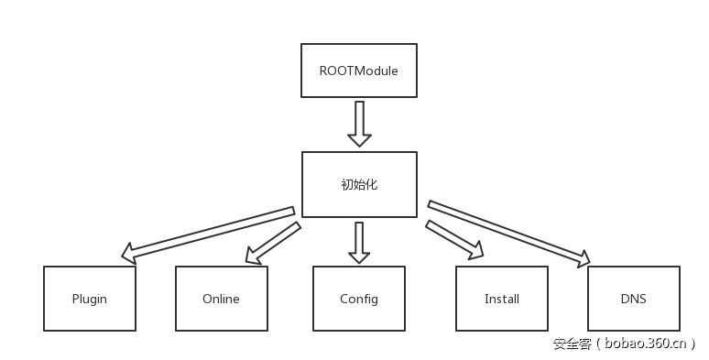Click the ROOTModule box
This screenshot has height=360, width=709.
pyautogui.click(x=358, y=70)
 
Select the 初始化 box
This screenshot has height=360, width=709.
pyautogui.click(x=358, y=184)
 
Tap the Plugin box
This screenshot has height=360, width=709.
pyautogui.click(x=90, y=299)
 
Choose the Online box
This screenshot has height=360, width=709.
pyautogui.click(x=221, y=299)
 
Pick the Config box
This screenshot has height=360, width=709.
pyautogui.click(x=358, y=299)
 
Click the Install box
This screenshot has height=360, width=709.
pyautogui.click(x=501, y=299)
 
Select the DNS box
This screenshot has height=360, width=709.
pyautogui.click(x=633, y=299)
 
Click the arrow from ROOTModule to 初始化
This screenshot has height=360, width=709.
pyautogui.click(x=359, y=123)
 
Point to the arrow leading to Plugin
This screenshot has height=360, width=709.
pyautogui.click(x=211, y=231)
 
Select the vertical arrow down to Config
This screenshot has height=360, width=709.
pyautogui.click(x=359, y=241)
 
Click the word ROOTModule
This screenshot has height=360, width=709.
pyautogui.click(x=358, y=71)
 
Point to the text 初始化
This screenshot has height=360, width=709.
pyautogui.click(x=358, y=184)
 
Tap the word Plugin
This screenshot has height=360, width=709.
pyautogui.click(x=90, y=300)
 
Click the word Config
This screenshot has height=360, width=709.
pyautogui.click(x=358, y=300)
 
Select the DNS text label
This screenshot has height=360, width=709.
pyautogui.click(x=633, y=300)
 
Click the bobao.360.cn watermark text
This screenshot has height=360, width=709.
pyautogui.click(x=645, y=344)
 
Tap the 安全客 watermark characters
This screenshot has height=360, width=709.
pyautogui.click(x=572, y=344)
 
